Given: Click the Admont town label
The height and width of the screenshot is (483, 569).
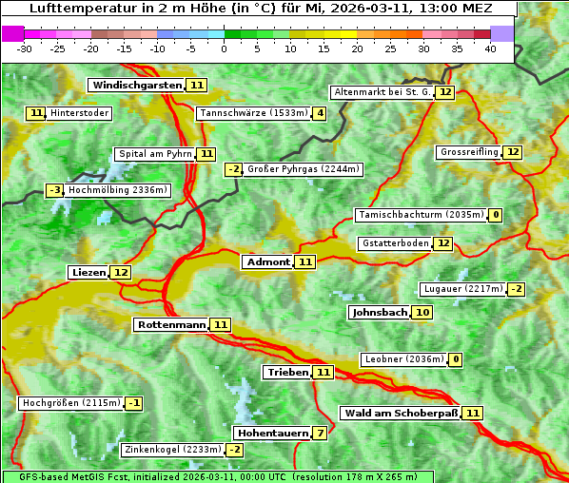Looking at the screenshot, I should click(x=267, y=262).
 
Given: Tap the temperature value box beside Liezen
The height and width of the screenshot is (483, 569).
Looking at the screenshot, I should click(x=121, y=273).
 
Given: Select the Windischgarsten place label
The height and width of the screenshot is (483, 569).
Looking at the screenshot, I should click(x=136, y=86).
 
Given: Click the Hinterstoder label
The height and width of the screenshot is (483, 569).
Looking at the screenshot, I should click(x=79, y=114).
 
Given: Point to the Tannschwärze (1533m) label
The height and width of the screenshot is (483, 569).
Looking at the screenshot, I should click(x=253, y=114).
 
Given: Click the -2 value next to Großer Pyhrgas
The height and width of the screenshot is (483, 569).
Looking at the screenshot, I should click(x=233, y=170).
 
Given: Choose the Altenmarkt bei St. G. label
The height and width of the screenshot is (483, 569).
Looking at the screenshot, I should click(x=382, y=93).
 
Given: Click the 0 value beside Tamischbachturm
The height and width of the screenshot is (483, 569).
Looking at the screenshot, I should click(x=495, y=216).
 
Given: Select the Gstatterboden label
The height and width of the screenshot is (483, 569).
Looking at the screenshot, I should click(x=394, y=244).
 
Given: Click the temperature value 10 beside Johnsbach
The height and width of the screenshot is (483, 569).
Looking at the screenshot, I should click(x=422, y=313).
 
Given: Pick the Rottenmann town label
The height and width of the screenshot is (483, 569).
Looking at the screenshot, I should click(x=171, y=325).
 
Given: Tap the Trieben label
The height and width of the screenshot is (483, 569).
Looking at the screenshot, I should click(x=287, y=373).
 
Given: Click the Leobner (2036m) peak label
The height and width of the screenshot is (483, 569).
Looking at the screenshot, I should click(x=402, y=359).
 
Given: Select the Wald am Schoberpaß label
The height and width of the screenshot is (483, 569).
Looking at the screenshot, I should click(x=400, y=414).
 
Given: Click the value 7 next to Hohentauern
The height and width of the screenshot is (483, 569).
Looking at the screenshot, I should click(x=321, y=434).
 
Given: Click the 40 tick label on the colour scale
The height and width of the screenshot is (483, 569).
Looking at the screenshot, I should click(x=490, y=48).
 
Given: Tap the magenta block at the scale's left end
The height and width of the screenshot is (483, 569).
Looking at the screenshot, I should click(x=13, y=33).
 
